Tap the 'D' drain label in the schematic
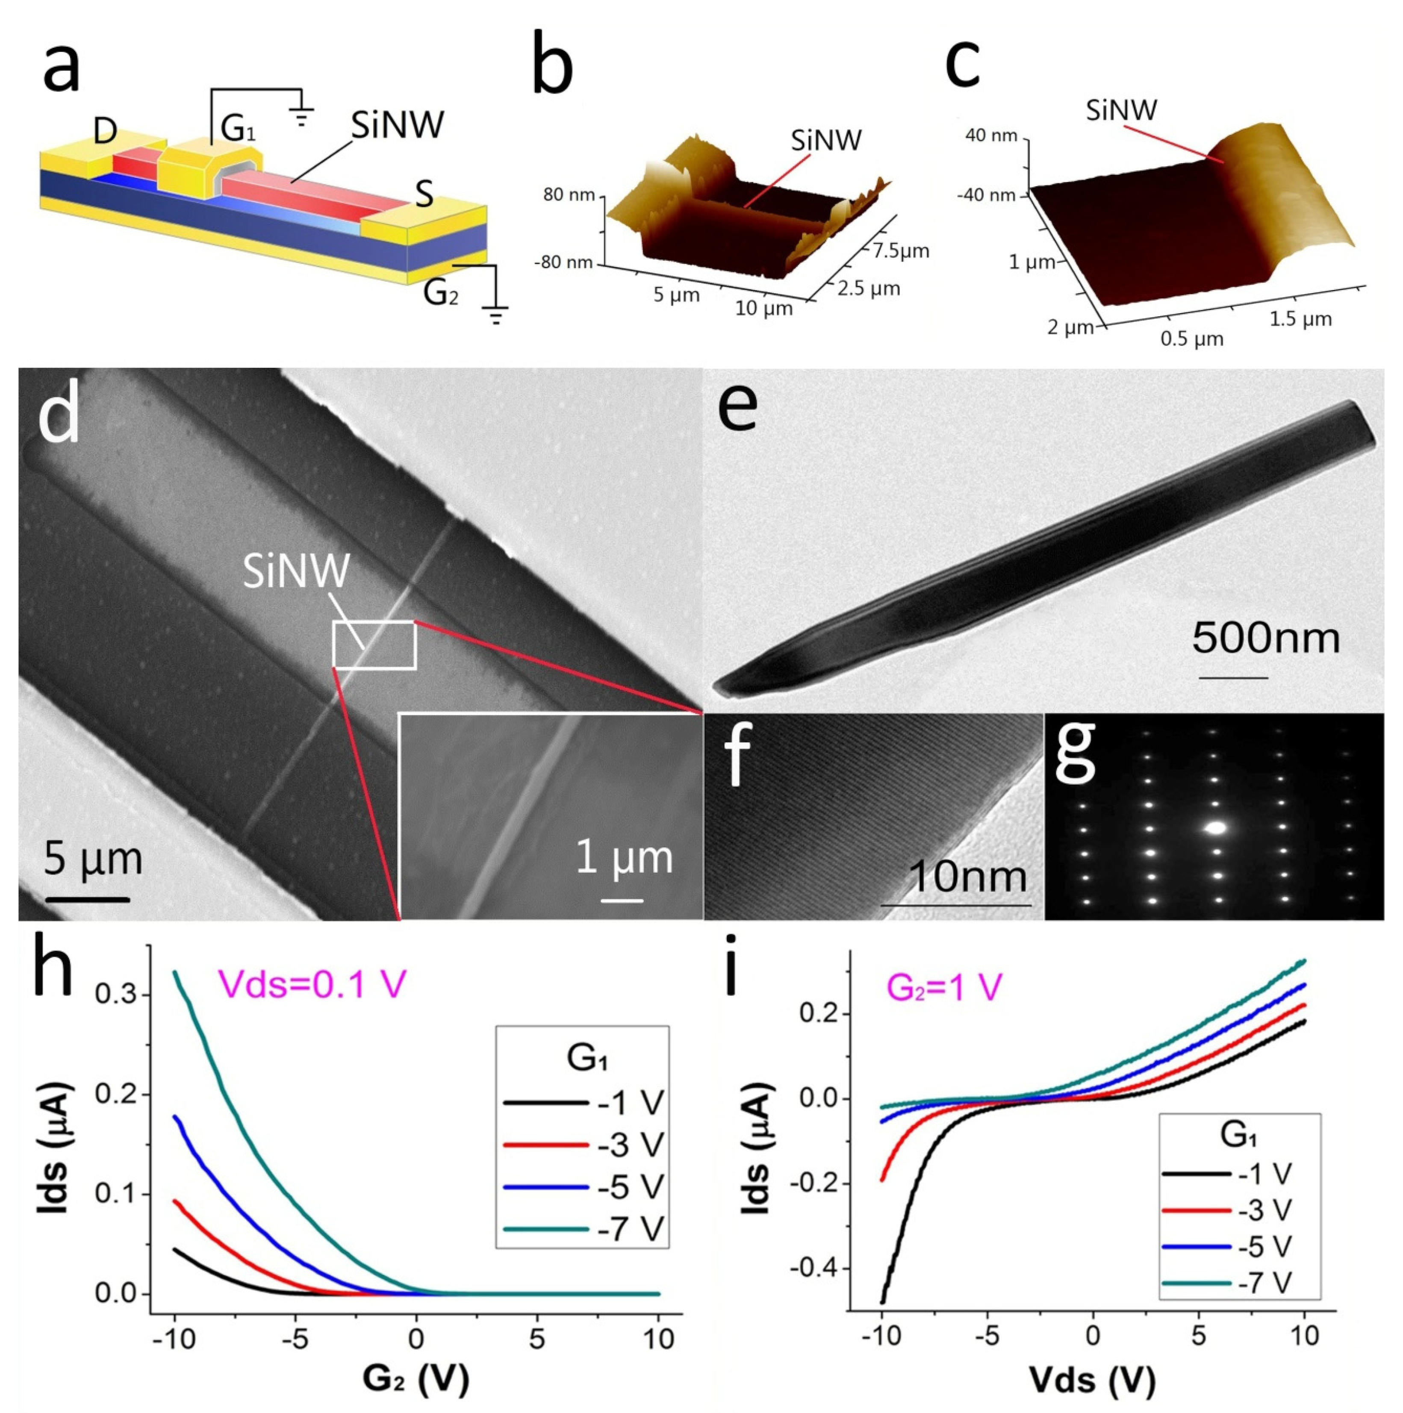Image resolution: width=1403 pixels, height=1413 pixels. coord(105,132)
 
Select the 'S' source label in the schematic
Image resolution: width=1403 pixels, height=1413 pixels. coord(424,194)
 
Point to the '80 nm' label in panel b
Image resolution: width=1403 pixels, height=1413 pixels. coord(569,195)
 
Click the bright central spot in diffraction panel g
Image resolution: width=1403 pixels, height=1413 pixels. coord(1216,828)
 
